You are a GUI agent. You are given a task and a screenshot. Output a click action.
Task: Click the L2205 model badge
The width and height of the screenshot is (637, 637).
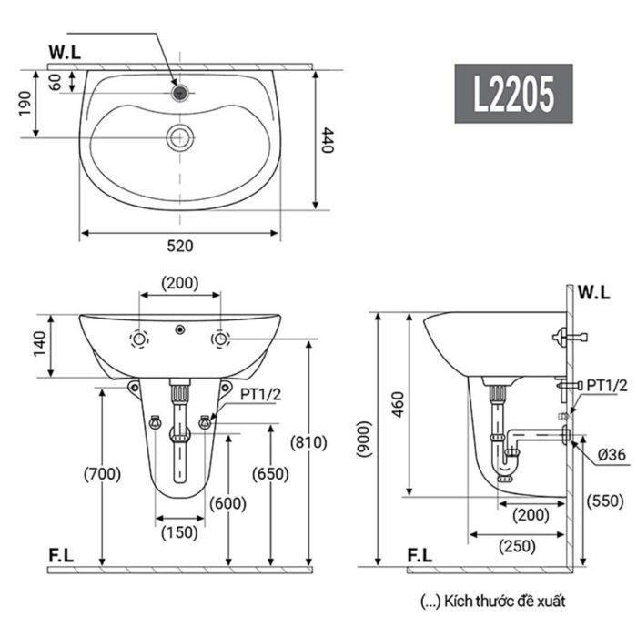coord(513,94)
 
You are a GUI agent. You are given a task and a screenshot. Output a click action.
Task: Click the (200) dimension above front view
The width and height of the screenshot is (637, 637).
coord(180,282)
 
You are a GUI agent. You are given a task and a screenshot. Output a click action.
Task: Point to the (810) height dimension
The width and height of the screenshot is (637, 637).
coord(308,443)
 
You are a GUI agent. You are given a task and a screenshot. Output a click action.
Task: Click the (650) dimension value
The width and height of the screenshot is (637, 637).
coord(270,473)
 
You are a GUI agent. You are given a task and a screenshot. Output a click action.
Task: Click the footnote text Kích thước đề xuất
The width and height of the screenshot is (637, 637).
coord(492,601)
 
